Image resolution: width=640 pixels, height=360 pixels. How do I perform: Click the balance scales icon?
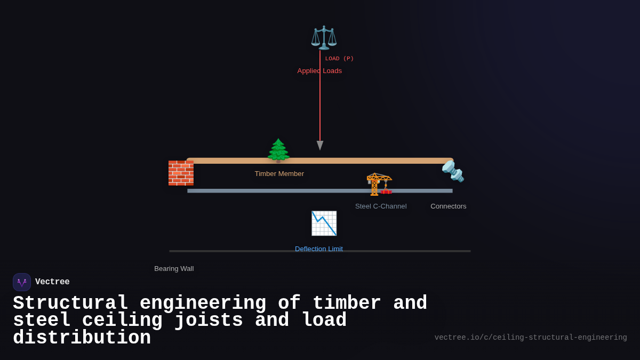(x=324, y=37)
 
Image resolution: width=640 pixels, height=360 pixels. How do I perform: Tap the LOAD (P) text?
(x=339, y=59)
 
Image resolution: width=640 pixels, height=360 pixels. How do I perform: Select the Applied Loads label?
(x=319, y=71)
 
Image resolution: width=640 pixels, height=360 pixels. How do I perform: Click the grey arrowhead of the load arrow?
(x=320, y=145)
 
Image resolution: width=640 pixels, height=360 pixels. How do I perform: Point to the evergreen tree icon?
(x=278, y=150)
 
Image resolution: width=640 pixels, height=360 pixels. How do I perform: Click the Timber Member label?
(x=279, y=174)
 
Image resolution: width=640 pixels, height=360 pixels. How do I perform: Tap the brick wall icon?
(x=181, y=173)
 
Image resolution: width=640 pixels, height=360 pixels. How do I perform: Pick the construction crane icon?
(x=379, y=184)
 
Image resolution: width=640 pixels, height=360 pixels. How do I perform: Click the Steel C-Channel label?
(x=381, y=206)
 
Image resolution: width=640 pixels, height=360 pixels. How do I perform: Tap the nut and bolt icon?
(x=453, y=171)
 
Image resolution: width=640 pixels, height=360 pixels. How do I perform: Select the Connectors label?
(x=448, y=206)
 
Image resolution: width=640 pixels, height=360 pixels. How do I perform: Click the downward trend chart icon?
(x=324, y=223)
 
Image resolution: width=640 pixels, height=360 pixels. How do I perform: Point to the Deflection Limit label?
(x=319, y=249)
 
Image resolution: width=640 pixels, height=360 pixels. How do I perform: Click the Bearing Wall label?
(x=174, y=269)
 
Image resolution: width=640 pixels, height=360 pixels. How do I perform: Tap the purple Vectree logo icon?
(x=22, y=282)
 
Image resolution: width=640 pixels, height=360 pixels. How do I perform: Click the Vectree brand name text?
(x=52, y=282)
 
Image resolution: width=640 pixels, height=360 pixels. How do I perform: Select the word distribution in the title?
(x=82, y=338)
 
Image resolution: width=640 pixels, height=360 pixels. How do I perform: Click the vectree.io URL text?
(x=530, y=338)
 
